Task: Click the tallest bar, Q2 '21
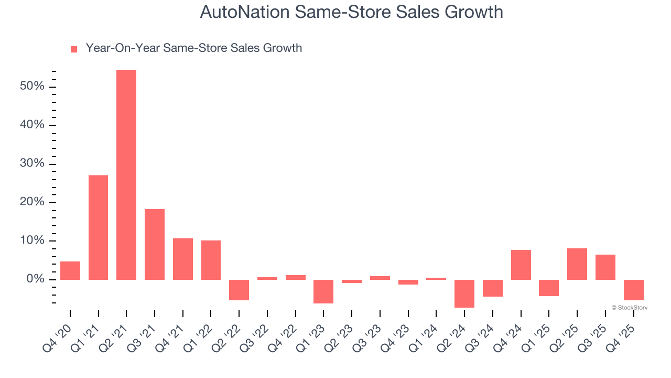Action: [126, 174]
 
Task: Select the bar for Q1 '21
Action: [98, 227]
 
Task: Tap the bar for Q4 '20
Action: [70, 270]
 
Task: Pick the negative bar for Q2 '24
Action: [464, 293]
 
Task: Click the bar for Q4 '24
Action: [521, 265]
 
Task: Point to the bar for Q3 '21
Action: [155, 244]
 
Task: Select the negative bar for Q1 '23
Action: [323, 291]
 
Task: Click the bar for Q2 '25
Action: [577, 264]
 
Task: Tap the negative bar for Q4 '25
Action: [633, 290]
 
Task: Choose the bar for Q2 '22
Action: [239, 290]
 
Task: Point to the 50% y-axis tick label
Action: [32, 86]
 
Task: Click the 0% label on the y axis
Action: [35, 279]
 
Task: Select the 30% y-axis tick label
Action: [32, 163]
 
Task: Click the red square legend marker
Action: [74, 49]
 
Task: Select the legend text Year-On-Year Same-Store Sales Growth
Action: [194, 48]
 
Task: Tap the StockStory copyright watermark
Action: [629, 308]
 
